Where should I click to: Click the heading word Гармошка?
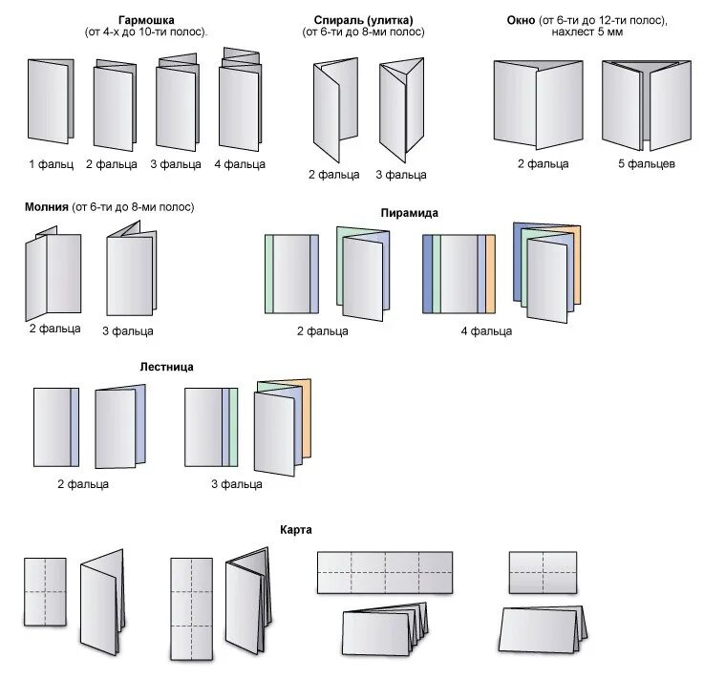(x=146, y=19)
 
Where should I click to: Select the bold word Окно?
(x=525, y=19)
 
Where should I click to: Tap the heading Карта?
(x=296, y=529)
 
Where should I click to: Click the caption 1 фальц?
(x=50, y=164)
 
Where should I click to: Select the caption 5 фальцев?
(x=646, y=164)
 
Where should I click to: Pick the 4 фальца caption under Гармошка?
(x=240, y=164)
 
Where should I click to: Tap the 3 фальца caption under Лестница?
(x=237, y=484)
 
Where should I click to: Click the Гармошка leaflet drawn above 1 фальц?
(x=49, y=101)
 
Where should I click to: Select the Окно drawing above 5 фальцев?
(x=646, y=104)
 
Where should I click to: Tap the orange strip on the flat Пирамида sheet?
(x=490, y=274)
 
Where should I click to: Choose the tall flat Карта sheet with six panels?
(x=191, y=607)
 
